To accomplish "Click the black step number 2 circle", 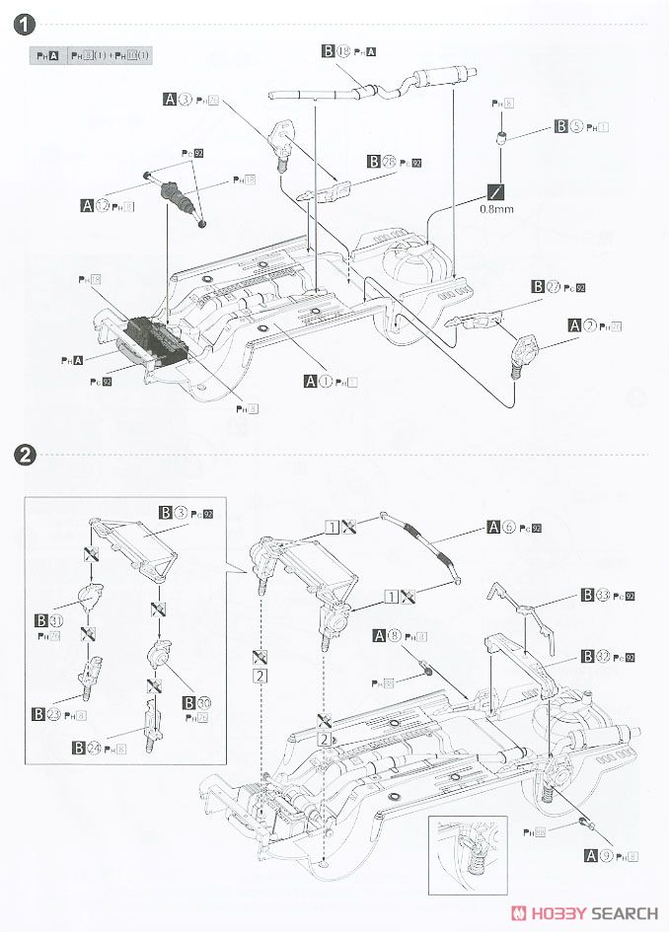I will tap(27, 455).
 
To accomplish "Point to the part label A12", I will tap(96, 206).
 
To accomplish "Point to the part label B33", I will tap(594, 595).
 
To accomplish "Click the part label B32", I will tap(594, 656).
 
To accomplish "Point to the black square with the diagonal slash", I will tap(494, 191).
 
